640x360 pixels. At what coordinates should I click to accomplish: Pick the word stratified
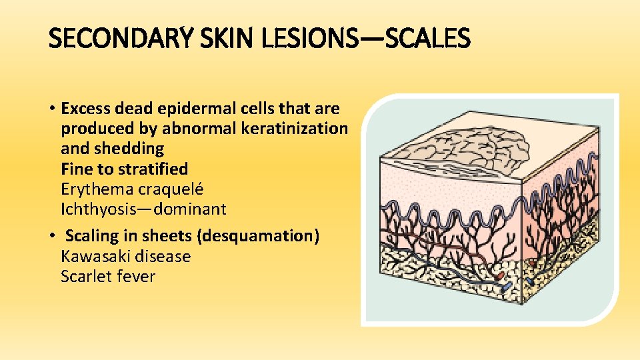[155, 169]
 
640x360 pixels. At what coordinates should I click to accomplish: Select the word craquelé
[171, 189]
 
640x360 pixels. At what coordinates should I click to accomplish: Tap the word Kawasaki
[93, 257]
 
